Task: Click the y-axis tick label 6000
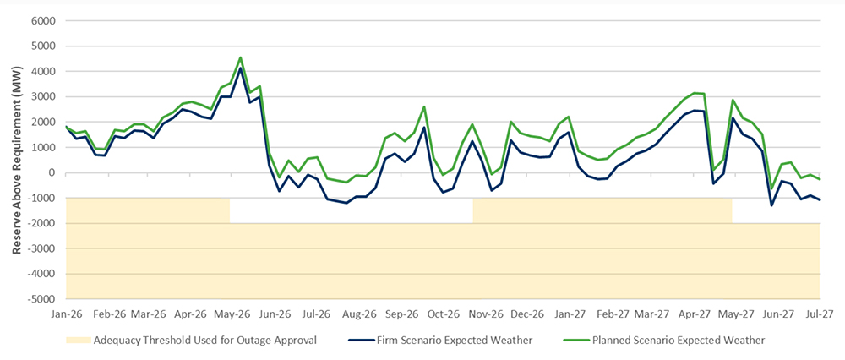pos(43,21)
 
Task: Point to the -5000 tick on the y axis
pos(41,299)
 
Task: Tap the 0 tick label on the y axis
pos(52,173)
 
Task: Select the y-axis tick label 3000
pos(43,97)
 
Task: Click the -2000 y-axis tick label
pos(41,224)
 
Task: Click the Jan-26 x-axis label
pos(67,314)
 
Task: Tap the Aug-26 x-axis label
pos(359,314)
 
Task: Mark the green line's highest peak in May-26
pos(241,57)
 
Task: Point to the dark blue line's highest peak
pos(241,68)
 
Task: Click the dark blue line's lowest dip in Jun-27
pos(771,205)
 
